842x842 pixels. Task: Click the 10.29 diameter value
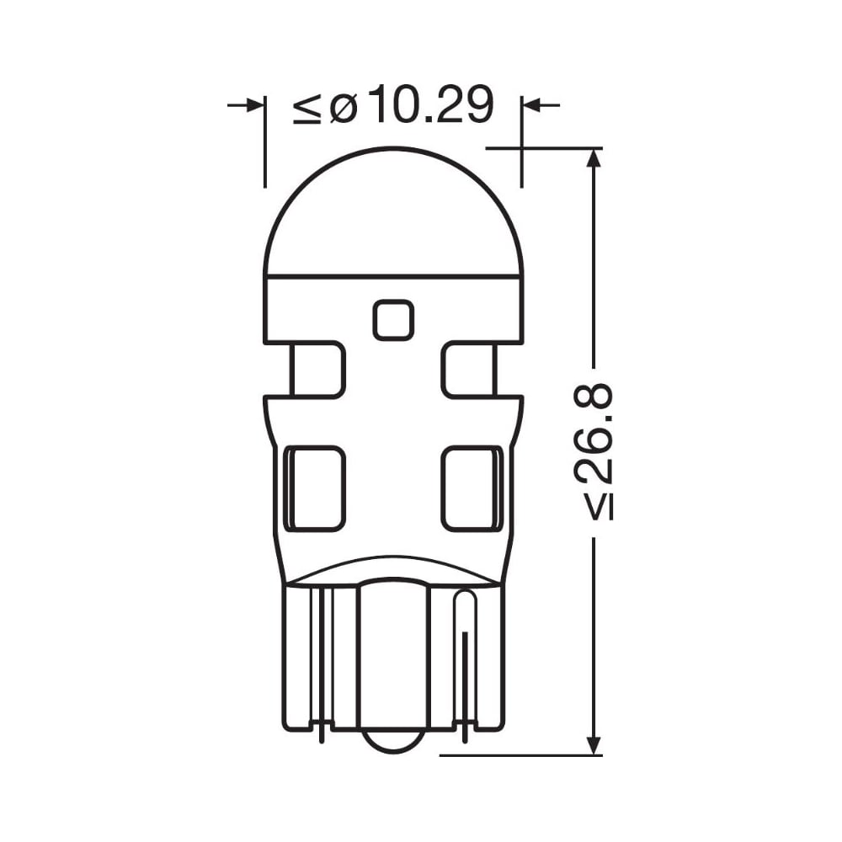click(x=430, y=104)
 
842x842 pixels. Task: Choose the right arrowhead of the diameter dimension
click(x=531, y=104)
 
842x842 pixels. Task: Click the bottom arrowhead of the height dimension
click(x=594, y=745)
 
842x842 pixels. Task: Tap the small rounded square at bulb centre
click(x=393, y=320)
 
